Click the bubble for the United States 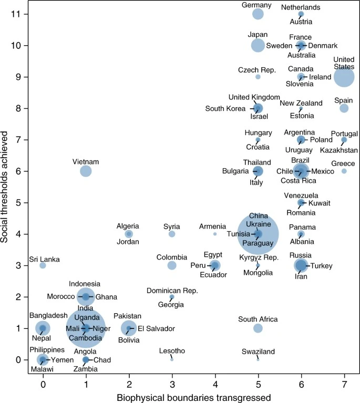pos(344,77)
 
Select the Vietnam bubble pos(86,171)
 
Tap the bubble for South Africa pos(258,328)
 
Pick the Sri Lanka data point pos(43,265)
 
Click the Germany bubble pos(258,14)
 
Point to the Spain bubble pos(344,108)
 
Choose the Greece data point pos(344,171)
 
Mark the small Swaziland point pos(258,359)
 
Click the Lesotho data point pos(172,359)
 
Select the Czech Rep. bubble pos(258,77)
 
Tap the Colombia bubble pos(172,265)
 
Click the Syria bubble pos(172,234)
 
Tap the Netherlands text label pos(301,7)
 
